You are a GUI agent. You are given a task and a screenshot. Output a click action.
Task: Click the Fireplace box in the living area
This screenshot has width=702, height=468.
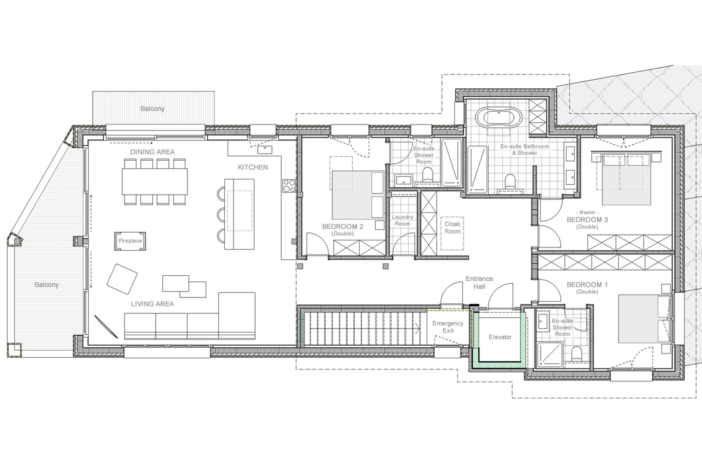[130, 241]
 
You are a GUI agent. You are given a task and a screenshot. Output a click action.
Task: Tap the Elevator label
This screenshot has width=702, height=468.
[500, 337]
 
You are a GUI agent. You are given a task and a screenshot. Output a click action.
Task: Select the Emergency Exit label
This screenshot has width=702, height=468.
[448, 327]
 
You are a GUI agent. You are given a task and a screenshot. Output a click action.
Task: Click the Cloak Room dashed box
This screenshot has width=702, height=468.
[452, 233]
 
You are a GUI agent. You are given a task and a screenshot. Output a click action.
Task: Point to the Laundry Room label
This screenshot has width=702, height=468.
[402, 220]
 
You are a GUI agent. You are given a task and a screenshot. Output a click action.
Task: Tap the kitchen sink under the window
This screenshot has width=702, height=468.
[265, 150]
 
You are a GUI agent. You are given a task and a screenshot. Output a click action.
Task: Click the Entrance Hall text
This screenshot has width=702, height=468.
[479, 282]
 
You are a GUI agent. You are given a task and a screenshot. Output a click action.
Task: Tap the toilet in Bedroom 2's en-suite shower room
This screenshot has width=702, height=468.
[428, 175]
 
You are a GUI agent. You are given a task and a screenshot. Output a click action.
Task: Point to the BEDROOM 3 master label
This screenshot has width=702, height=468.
[587, 220]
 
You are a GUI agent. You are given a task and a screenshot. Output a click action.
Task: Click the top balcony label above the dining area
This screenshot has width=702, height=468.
[152, 109]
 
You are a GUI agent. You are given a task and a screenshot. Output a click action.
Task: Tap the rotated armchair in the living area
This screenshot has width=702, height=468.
[122, 279]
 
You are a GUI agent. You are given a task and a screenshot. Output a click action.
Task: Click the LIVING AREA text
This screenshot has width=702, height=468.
[152, 304]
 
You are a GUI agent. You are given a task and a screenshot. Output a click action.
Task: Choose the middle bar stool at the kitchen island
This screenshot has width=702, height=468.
[221, 214]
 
